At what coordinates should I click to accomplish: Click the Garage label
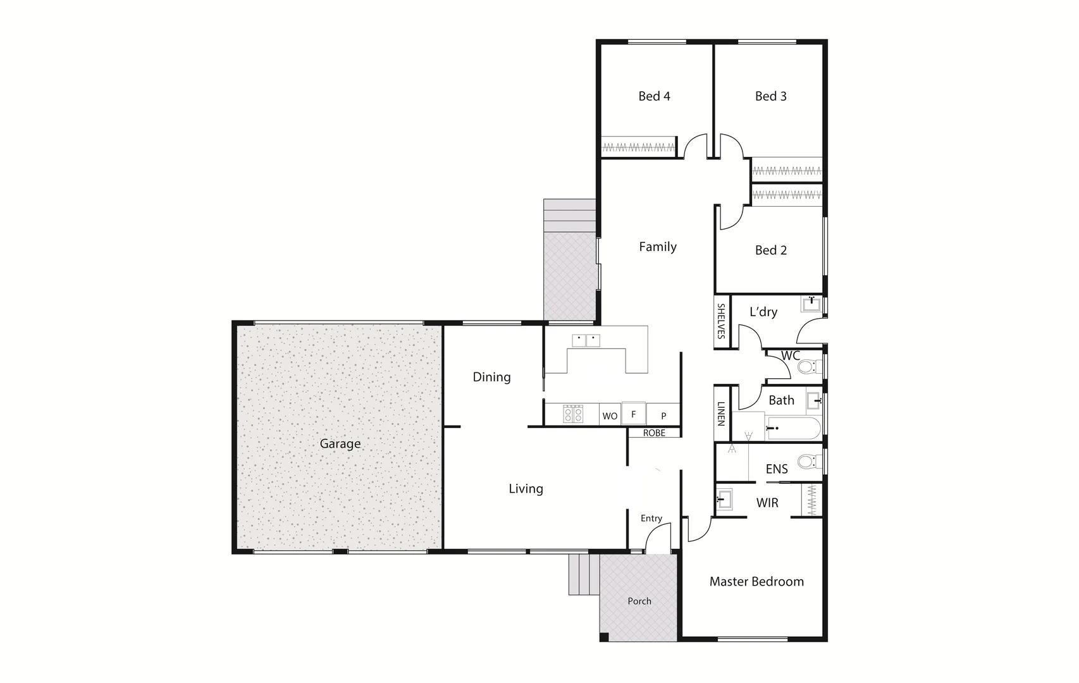tap(340, 444)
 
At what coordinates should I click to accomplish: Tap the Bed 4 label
tap(654, 96)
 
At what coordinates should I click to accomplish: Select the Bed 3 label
tap(770, 96)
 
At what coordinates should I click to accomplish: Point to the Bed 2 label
tap(770, 250)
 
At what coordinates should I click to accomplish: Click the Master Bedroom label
tap(756, 582)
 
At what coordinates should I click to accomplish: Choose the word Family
tap(658, 247)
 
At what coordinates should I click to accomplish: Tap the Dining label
tap(491, 377)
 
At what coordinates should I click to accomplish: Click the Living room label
tap(526, 489)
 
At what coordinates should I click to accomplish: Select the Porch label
tap(639, 601)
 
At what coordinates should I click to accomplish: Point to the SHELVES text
tap(721, 321)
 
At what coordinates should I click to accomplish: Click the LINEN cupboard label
tap(721, 414)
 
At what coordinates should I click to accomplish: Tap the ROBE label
tap(654, 433)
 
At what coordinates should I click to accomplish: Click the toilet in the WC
tap(806, 367)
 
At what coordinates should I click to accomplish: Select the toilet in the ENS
tap(806, 462)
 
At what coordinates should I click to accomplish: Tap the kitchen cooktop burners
tap(573, 414)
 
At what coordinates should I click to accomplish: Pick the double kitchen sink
tap(586, 340)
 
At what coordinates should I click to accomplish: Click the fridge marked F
tap(633, 414)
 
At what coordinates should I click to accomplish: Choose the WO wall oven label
tap(610, 416)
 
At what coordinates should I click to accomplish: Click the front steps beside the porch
tap(583, 574)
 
